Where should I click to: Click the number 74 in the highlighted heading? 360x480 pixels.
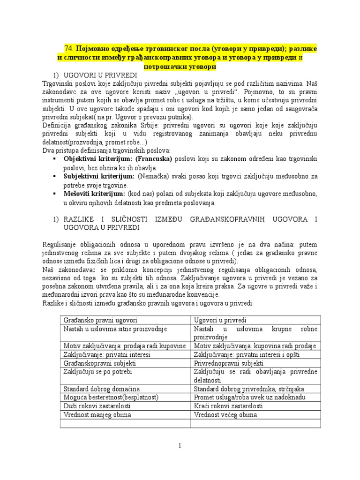click(x=68, y=48)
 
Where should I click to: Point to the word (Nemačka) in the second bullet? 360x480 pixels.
click(x=150, y=176)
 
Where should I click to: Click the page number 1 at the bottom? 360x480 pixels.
click(x=180, y=446)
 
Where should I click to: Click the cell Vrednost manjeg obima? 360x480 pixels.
click(x=97, y=415)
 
